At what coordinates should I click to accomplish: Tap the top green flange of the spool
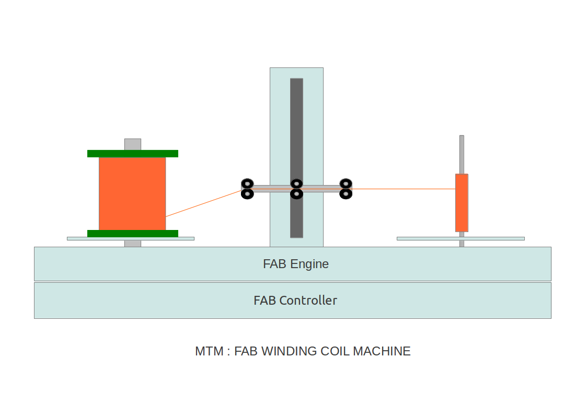133,154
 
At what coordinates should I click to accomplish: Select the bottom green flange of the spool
133,233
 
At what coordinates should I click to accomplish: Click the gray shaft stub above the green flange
133,144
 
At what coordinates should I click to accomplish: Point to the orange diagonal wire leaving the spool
204,204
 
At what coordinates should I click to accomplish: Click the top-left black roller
247,183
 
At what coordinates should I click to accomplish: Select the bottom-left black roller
247,194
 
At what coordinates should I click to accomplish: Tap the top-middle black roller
296,183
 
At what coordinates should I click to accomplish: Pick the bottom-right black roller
346,194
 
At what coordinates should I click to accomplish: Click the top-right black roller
346,183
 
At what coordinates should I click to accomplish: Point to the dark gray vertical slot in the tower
296,131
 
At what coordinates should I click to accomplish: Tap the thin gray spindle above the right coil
462,154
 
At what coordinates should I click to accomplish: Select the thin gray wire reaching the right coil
402,189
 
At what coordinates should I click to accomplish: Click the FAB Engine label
296,264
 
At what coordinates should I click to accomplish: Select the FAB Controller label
295,301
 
